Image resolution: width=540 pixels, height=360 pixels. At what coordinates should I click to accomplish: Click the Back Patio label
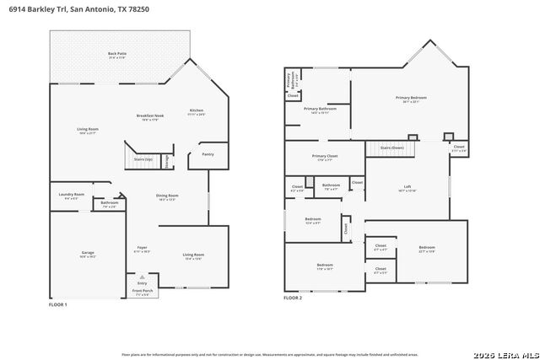coord(116,54)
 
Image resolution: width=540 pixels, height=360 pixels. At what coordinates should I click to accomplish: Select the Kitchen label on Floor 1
coord(197,110)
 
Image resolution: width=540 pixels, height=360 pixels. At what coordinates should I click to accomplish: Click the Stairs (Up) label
coord(143,159)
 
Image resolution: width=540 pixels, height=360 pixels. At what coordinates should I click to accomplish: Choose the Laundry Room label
coord(72,195)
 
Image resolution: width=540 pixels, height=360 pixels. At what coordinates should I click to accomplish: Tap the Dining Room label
coord(166,196)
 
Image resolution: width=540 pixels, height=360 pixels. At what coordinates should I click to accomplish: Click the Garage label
coord(87,253)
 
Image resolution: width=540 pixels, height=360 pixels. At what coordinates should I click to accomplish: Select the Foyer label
coord(142,248)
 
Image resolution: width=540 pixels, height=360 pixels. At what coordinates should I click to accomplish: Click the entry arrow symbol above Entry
coord(142,276)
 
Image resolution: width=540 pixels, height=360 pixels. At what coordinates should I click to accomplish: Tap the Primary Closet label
coord(324,156)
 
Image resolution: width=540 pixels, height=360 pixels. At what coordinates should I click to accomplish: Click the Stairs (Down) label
coord(391,148)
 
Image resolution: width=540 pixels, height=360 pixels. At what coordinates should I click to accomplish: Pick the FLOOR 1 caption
coord(57,304)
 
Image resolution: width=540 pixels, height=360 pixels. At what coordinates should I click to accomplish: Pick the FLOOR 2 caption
coord(293,298)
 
